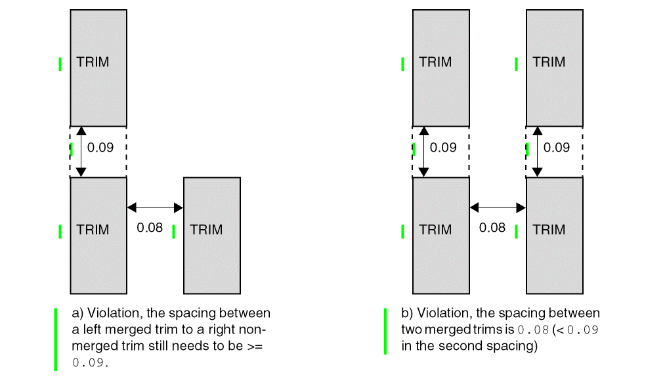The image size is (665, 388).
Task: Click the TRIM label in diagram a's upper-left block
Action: coord(93,62)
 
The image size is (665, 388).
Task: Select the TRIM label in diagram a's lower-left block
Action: coord(93,230)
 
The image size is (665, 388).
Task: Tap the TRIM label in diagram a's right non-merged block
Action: coord(206,230)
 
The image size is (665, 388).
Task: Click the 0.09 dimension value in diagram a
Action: coord(100,148)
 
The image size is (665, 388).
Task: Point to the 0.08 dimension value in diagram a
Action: coord(150,228)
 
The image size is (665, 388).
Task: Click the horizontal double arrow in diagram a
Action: coord(155,207)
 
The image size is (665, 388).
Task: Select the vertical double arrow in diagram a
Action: coord(81,152)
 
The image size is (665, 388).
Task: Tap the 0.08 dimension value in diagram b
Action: coord(492,228)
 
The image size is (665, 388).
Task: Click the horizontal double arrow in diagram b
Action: coord(498,207)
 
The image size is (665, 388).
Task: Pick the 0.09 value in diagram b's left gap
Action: coord(443,148)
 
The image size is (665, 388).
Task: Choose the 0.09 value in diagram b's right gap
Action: coord(557,148)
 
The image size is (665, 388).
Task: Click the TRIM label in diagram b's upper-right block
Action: coord(549,62)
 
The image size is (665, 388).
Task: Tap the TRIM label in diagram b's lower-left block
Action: coord(435,230)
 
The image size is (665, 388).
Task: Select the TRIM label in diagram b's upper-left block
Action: coord(435,62)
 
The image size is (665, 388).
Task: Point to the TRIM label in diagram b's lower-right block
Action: coord(549,230)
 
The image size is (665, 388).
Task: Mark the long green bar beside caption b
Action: coord(385,332)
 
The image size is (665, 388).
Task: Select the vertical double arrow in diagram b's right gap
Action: coord(538,152)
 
